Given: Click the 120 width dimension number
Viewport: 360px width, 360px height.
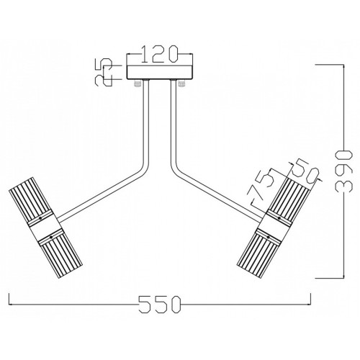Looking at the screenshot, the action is (x=159, y=54).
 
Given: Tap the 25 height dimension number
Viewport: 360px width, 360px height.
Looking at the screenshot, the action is (x=104, y=72).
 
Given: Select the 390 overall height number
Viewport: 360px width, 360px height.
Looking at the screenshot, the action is (x=344, y=171).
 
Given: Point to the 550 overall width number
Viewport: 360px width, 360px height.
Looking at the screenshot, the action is (x=160, y=305).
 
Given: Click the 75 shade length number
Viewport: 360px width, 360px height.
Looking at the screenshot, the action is (x=261, y=186).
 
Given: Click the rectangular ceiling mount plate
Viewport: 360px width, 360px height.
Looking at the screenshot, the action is (x=160, y=72).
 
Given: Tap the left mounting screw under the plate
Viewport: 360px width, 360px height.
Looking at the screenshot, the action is (x=138, y=84).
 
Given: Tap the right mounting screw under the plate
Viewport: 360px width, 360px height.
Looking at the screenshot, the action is (x=181, y=84).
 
